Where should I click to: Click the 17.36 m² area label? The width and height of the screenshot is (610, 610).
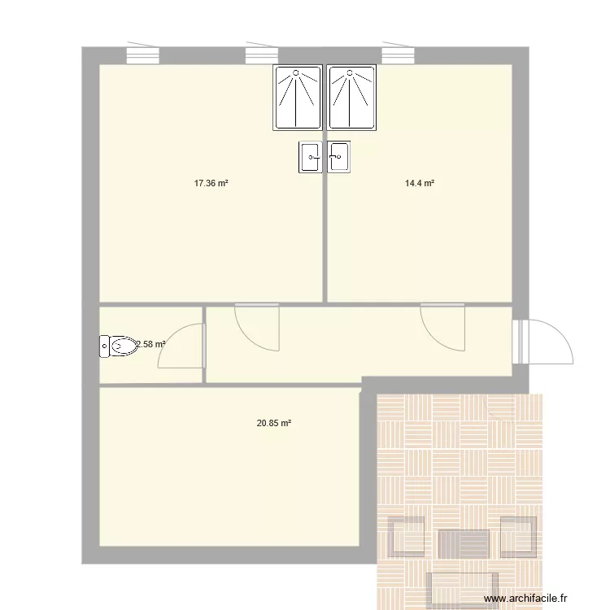[210, 184]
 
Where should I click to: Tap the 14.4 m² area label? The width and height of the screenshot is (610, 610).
[420, 184]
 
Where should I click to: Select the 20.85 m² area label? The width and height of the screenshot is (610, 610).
[274, 423]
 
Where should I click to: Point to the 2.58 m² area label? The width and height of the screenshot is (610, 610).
[151, 344]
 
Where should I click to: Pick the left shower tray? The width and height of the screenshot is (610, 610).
[298, 98]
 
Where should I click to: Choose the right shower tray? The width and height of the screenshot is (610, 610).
[352, 98]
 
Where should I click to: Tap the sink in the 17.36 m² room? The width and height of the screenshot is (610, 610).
[312, 156]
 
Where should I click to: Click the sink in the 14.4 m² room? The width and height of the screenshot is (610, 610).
[339, 156]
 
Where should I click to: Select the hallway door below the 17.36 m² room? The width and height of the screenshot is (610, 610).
[257, 327]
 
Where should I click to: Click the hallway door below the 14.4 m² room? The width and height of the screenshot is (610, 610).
[442, 327]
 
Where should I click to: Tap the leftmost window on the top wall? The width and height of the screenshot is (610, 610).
[143, 54]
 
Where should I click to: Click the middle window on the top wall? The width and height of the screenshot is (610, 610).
[262, 54]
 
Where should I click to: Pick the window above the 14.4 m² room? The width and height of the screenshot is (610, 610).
[399, 54]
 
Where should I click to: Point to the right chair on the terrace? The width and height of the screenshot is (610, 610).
[518, 537]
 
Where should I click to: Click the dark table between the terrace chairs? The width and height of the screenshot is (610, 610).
[464, 543]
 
